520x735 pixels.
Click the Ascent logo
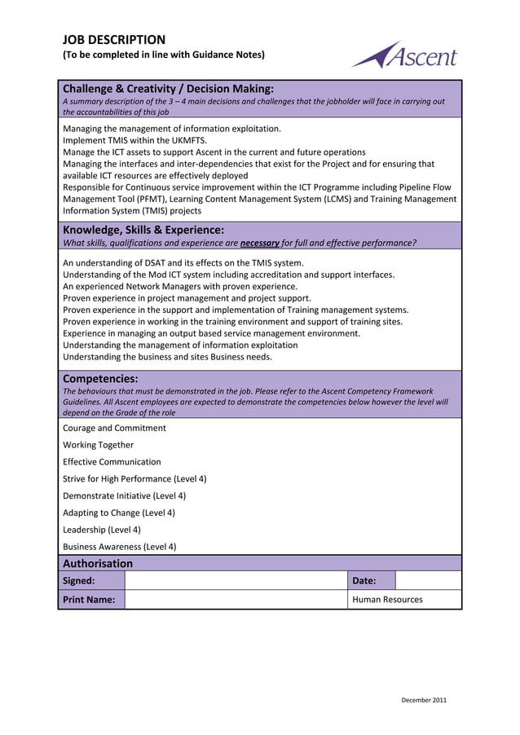404,55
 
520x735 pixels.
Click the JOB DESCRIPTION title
114,39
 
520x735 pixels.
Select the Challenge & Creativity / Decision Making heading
168,88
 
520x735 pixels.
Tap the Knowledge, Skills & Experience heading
143,230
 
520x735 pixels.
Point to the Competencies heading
100,378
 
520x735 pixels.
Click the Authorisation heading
98,563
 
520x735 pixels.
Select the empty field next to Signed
236,581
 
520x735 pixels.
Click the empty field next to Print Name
236,600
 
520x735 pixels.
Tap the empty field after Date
428,581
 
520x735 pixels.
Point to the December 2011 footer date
425,700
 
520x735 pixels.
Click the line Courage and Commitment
114,428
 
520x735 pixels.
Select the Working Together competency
98,445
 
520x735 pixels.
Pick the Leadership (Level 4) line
102,530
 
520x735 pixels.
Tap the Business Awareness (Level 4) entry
119,547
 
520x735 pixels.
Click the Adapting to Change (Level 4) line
119,513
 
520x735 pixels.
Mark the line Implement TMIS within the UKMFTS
134,140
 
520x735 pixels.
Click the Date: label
364,581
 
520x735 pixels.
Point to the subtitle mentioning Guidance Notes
164,55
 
